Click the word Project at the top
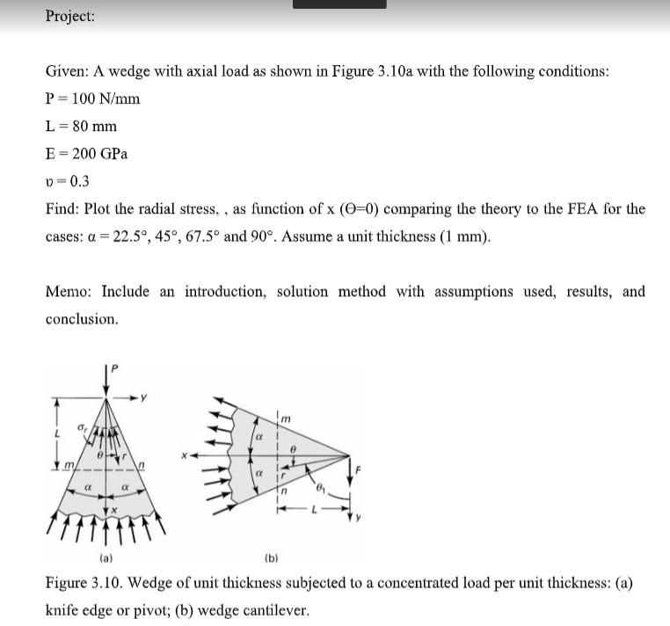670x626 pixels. tap(70, 17)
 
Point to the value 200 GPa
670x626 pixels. tap(99, 154)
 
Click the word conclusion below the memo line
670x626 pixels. tap(81, 319)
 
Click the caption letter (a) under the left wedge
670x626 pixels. tap(106, 557)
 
